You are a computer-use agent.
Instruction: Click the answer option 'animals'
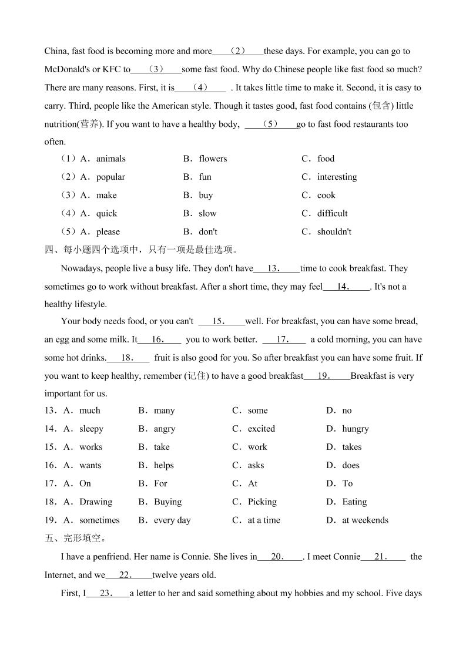(110, 159)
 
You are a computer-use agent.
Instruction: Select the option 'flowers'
(213, 159)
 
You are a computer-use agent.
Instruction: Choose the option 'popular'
(110, 177)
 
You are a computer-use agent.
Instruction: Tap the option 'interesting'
(337, 177)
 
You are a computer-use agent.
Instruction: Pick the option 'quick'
(106, 213)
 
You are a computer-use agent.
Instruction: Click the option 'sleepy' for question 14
(91, 429)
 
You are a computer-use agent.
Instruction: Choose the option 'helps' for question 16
(164, 465)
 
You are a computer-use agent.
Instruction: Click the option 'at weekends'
(365, 520)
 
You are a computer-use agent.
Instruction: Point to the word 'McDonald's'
(67, 69)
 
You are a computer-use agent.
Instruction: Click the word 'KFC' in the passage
(112, 69)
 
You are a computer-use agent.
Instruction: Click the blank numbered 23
(108, 593)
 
